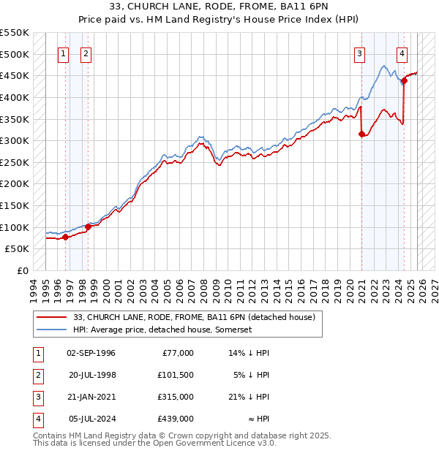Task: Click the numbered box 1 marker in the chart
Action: [63, 53]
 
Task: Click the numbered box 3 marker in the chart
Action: [360, 53]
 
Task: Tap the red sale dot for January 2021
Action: [361, 134]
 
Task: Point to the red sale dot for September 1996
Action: [65, 237]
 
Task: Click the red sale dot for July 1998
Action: [88, 226]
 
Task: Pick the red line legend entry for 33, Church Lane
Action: [194, 317]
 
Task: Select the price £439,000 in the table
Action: [176, 419]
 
